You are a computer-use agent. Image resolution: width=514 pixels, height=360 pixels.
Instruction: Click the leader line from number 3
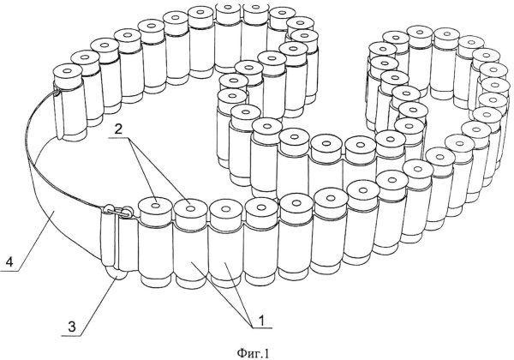click(95, 300)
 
